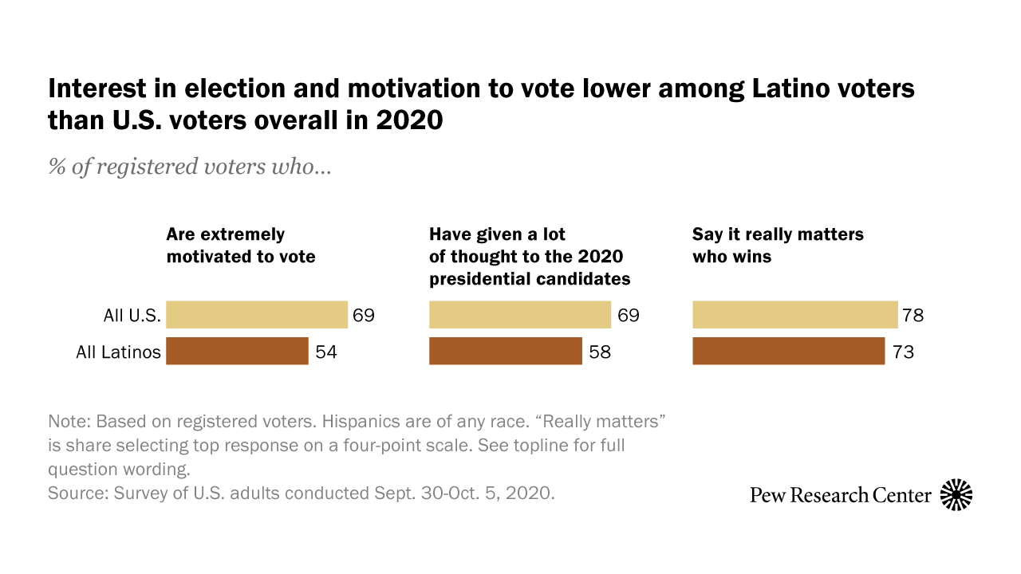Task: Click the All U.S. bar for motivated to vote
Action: [x=256, y=315]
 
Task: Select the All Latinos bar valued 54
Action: [x=237, y=351]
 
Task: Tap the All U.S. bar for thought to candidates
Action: [x=519, y=315]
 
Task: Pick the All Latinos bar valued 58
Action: [x=506, y=351]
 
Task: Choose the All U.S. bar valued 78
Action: [x=794, y=315]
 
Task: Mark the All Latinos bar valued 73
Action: [x=788, y=351]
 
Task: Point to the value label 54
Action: [x=326, y=352]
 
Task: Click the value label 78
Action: [x=913, y=316]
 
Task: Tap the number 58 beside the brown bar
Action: [x=600, y=352]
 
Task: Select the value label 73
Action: [x=903, y=352]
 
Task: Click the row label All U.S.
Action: [x=132, y=316]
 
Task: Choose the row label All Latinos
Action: [x=119, y=352]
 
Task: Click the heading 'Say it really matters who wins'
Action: [x=778, y=246]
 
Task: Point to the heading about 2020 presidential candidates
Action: [x=529, y=257]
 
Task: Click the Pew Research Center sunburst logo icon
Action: [x=956, y=495]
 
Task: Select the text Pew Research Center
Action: [x=840, y=495]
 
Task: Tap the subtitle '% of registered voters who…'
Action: [x=189, y=167]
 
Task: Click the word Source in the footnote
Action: [x=74, y=493]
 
